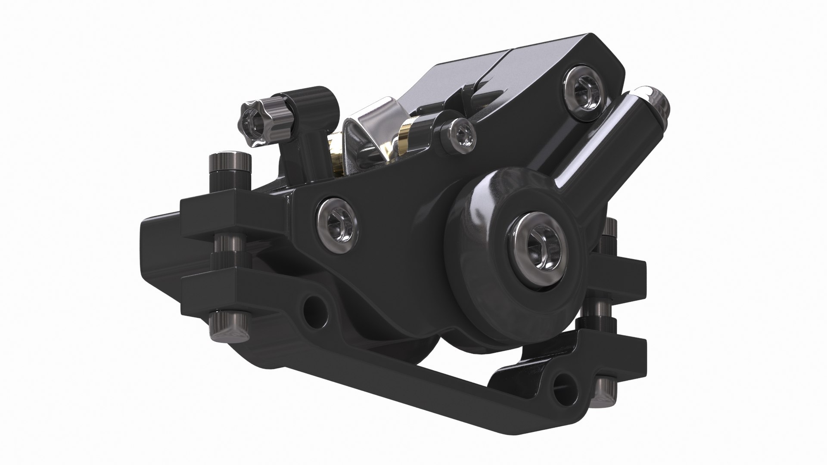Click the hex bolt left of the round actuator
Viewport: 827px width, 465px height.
point(337,222)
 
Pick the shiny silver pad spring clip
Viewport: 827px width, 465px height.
point(370,129)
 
